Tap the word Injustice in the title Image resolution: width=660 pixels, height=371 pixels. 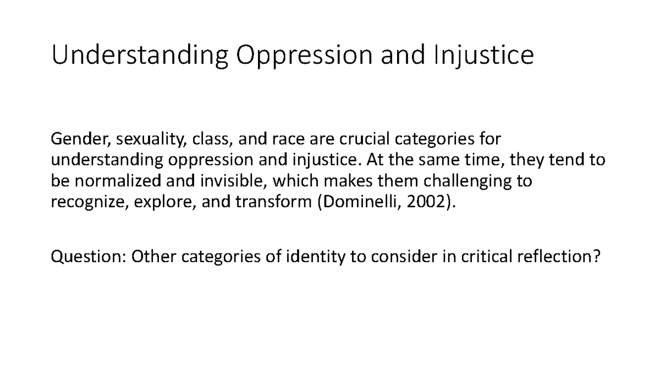point(483,56)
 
